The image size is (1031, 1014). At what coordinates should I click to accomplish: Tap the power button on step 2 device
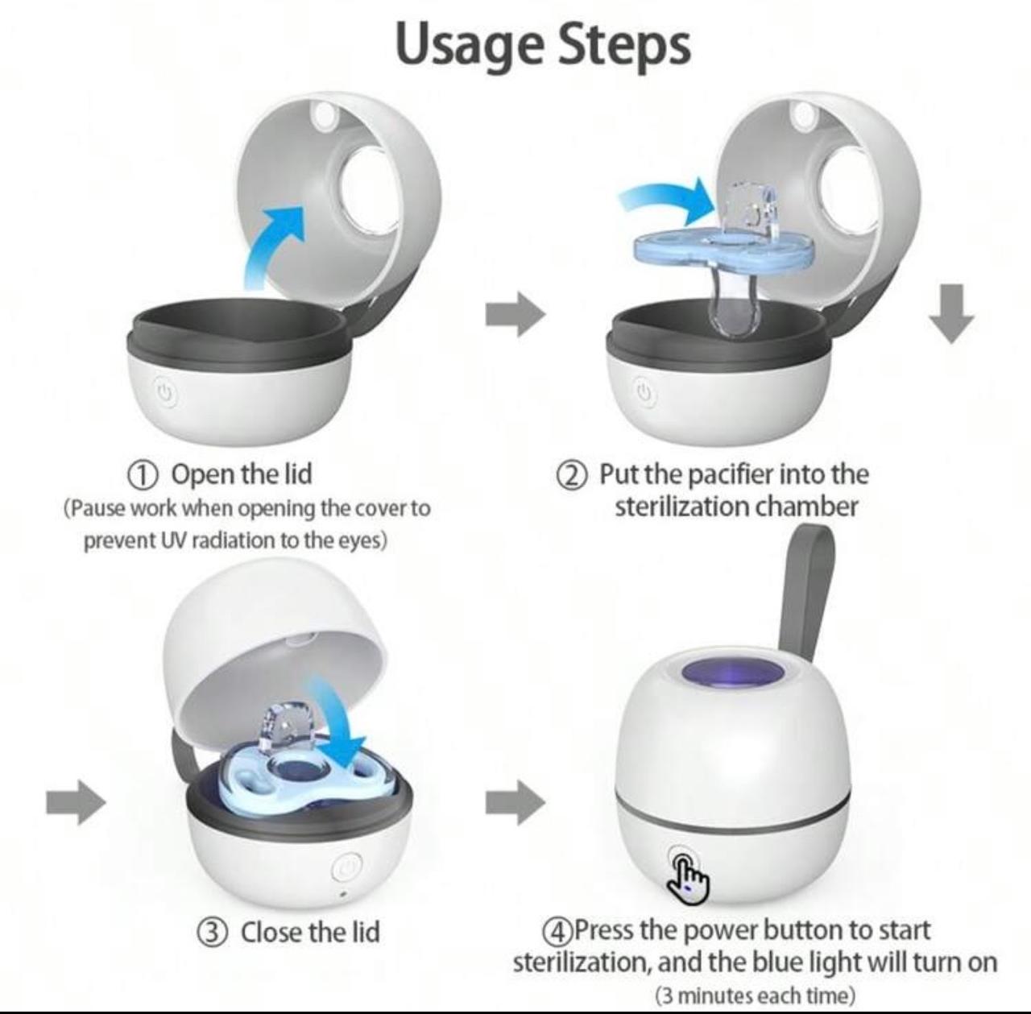pos(643,392)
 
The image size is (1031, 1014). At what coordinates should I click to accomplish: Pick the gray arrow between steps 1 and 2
pos(515,313)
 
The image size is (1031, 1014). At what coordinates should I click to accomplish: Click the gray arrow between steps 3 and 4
pos(515,802)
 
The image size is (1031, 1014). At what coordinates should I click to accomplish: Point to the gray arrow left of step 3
pos(76,802)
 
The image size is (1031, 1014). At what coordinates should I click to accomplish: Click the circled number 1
pos(143,474)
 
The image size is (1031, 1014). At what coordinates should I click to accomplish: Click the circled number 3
pos(212,933)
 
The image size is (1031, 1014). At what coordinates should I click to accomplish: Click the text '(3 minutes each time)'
pos(755,995)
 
